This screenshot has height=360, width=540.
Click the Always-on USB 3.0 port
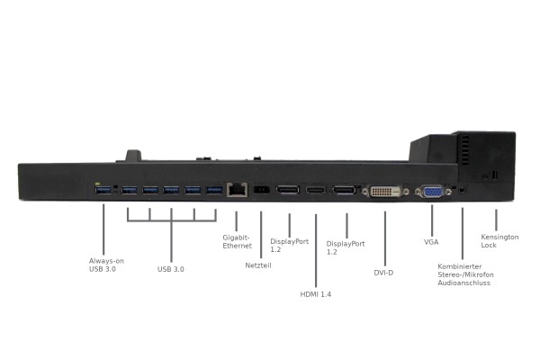tap(103, 190)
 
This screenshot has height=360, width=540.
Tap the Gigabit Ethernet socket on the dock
tap(237, 190)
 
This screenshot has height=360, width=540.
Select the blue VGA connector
tap(433, 192)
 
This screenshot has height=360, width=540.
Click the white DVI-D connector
tap(385, 191)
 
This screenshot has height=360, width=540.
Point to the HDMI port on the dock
tap(316, 190)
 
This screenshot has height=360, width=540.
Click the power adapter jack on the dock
tap(261, 190)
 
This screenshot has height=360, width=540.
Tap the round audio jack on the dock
tap(463, 190)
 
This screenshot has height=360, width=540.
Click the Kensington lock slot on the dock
tap(495, 175)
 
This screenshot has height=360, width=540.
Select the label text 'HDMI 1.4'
tap(316, 294)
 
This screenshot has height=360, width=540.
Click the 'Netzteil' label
tap(258, 265)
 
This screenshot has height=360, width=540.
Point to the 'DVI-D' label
tap(383, 273)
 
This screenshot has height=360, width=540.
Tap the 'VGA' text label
tap(431, 242)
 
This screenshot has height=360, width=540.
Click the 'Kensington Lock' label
tap(499, 241)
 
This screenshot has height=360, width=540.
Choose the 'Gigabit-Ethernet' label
tap(237, 241)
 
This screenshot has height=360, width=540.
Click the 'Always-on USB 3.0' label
tap(106, 265)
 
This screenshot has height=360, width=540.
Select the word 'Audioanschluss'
tap(463, 283)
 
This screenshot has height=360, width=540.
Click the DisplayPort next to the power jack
tap(288, 190)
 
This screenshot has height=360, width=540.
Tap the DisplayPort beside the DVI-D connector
tap(344, 190)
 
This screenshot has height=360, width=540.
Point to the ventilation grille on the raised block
tap(465, 149)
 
